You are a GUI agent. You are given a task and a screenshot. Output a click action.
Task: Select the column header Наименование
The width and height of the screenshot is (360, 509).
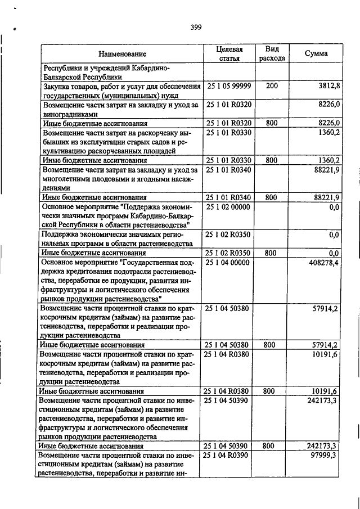[122, 54]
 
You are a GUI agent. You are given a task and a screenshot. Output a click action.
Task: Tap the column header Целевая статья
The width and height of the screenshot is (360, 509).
[229, 53]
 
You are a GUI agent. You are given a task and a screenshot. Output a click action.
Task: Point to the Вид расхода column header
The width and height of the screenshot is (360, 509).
[272, 53]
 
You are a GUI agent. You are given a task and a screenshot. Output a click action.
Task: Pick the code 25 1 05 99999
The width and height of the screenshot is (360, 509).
[229, 86]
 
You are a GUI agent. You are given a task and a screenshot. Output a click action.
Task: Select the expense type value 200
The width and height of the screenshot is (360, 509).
[272, 86]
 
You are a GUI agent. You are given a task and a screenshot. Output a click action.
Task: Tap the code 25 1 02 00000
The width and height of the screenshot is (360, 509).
[229, 207]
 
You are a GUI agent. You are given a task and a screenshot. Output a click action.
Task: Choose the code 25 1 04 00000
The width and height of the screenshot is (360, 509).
[229, 262]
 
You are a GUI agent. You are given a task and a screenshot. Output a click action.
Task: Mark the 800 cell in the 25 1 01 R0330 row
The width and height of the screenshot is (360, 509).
[272, 160]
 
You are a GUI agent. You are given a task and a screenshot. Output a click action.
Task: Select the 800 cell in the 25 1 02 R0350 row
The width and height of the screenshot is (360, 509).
[272, 253]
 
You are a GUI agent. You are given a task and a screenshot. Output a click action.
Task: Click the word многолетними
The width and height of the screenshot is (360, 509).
[69, 178]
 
